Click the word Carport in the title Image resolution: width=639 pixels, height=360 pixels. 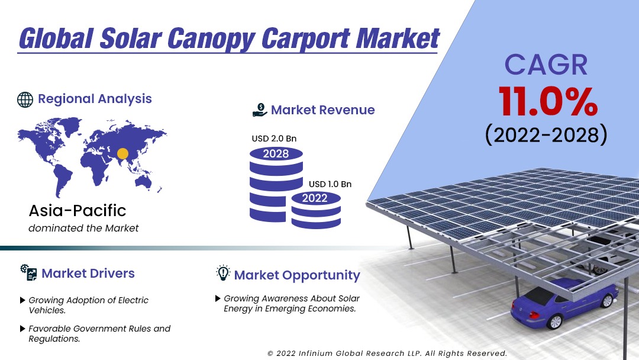click(x=304, y=38)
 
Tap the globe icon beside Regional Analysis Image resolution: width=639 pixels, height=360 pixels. click(x=25, y=99)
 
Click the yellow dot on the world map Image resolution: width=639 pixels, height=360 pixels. click(x=122, y=153)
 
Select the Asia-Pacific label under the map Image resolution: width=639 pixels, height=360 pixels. click(x=78, y=210)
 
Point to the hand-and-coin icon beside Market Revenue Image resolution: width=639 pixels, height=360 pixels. click(x=260, y=110)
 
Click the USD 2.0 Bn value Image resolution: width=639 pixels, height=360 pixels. click(x=274, y=139)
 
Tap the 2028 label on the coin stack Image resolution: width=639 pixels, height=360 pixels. click(x=276, y=154)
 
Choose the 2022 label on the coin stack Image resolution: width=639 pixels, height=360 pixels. click(x=315, y=198)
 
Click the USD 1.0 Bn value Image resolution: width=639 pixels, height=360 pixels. click(x=330, y=184)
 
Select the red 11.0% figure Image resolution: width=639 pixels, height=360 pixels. click(x=548, y=102)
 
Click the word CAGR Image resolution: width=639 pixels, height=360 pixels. click(x=546, y=65)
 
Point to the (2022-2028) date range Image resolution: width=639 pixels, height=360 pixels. click(x=546, y=134)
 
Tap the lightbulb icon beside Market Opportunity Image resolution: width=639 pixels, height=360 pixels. click(x=223, y=273)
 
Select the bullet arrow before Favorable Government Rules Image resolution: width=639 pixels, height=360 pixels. click(x=23, y=329)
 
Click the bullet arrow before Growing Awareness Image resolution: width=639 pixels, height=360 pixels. click(x=218, y=298)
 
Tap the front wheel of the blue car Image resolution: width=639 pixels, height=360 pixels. click(x=554, y=322)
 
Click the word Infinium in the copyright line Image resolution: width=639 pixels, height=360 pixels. click(x=315, y=353)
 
